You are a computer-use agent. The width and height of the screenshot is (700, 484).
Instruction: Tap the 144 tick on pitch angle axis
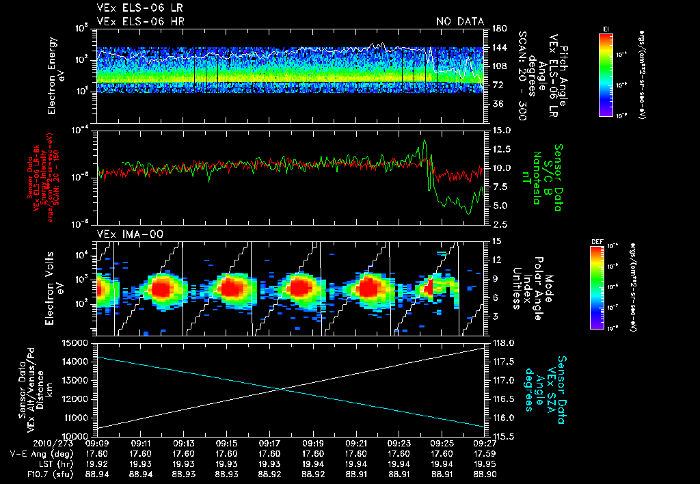(498, 48)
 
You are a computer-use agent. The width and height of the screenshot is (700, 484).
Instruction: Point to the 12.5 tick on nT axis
(500, 149)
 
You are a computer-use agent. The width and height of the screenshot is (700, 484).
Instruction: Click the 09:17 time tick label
(270, 443)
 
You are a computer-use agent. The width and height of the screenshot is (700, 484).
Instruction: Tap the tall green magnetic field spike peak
(425, 140)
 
